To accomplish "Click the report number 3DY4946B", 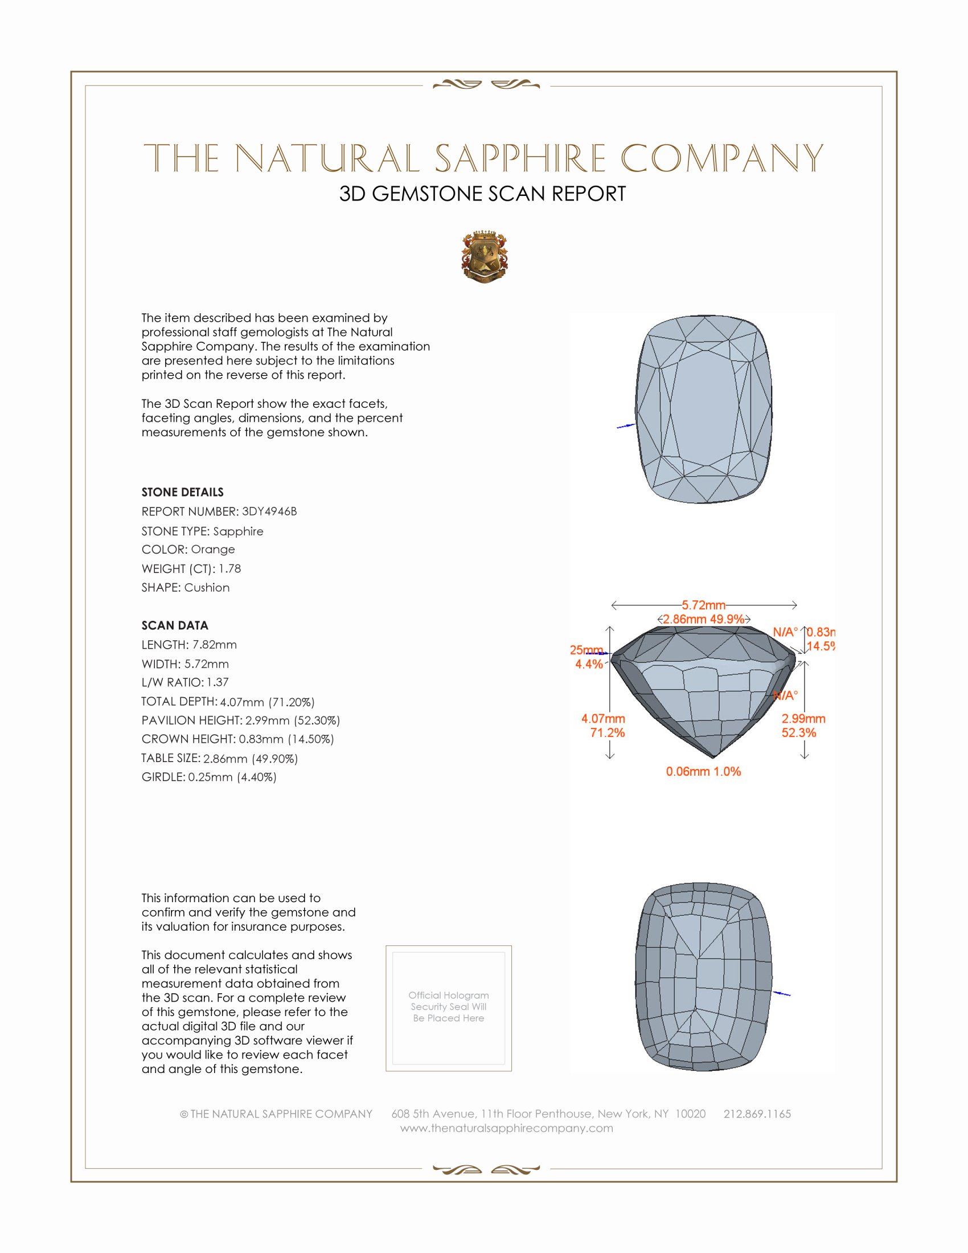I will tap(269, 511).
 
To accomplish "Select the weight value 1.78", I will tap(229, 568).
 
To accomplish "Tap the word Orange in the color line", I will tap(213, 549).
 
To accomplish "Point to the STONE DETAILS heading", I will tap(182, 492).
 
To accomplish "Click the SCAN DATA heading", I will tap(175, 625).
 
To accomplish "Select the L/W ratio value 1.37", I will tap(218, 682).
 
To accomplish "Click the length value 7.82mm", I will tap(214, 644).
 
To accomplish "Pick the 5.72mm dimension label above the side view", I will tap(703, 605).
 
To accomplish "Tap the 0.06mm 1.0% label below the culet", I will tap(703, 772).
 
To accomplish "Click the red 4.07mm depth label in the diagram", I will tap(602, 718).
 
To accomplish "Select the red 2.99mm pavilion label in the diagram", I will tap(803, 718).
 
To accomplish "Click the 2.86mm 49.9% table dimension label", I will tap(703, 619).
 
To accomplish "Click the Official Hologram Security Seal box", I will tap(449, 1008).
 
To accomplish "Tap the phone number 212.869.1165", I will tap(757, 1113).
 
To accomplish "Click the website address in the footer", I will tap(506, 1128).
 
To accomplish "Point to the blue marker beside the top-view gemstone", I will tap(626, 426).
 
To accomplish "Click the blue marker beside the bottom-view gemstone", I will tap(782, 993).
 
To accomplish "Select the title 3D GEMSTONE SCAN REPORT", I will tap(482, 194).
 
